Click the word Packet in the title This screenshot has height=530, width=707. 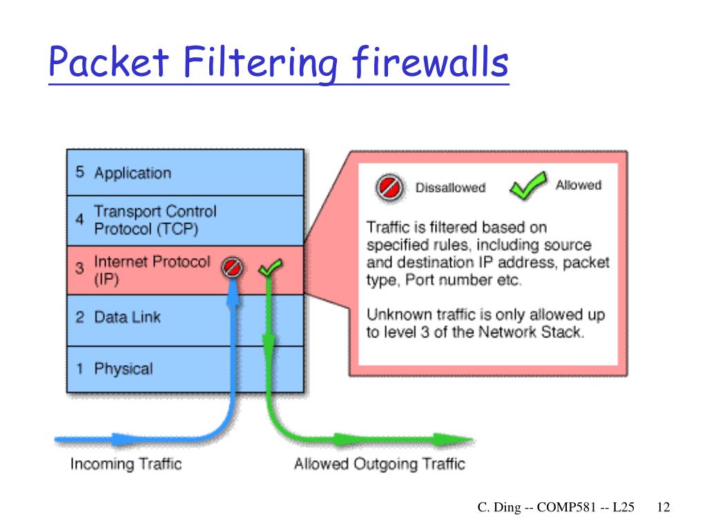(109, 63)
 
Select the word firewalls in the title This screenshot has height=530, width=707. (430, 63)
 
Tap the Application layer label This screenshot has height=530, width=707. (132, 173)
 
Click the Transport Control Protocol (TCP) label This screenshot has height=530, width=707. (155, 219)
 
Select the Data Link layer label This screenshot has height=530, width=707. (127, 317)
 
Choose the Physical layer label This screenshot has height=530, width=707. (123, 369)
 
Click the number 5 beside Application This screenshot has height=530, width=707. (80, 172)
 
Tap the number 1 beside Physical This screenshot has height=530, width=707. (80, 369)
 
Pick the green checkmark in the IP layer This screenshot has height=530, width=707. (270, 267)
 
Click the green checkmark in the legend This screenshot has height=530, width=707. (528, 186)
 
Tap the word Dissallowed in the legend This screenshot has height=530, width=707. (450, 188)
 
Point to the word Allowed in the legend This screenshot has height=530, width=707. (578, 185)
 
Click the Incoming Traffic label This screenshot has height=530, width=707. (126, 464)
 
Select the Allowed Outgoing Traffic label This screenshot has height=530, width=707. (379, 464)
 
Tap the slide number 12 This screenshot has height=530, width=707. (664, 507)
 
